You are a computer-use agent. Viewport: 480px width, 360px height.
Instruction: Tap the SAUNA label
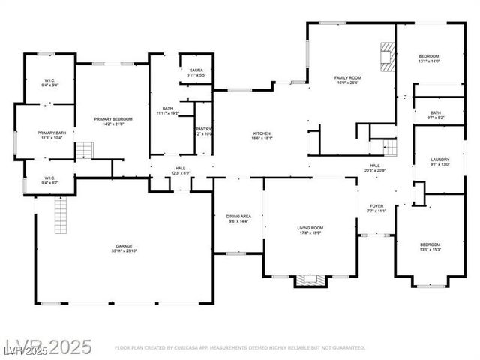(196, 70)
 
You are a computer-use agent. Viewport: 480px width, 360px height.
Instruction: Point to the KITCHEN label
(262, 133)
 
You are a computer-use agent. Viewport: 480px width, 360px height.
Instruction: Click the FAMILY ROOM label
(347, 78)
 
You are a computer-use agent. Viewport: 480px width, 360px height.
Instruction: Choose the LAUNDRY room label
(439, 160)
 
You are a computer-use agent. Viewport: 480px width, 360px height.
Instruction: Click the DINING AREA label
(238, 217)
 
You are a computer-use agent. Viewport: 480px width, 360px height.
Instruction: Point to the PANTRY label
(204, 129)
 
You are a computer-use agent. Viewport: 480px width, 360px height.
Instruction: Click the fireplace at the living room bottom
(310, 280)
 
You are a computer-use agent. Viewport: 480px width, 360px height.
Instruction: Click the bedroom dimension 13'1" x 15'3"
(430, 250)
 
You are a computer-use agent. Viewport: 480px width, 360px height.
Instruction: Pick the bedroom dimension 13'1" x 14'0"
(430, 61)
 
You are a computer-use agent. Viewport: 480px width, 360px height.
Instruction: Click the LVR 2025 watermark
(46, 346)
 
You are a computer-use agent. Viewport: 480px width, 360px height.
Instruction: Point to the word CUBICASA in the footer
(192, 348)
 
